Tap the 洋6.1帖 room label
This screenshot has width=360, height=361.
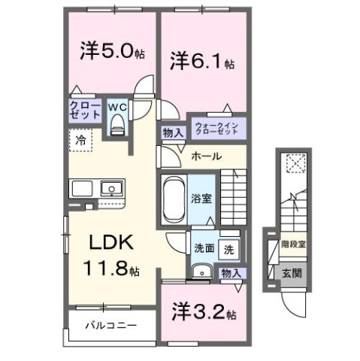coord(201,59)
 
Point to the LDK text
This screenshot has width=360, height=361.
coord(113,244)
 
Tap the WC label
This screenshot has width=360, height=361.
coord(118,107)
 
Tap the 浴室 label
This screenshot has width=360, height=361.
coord(201,200)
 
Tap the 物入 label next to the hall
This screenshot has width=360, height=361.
coord(171,133)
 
